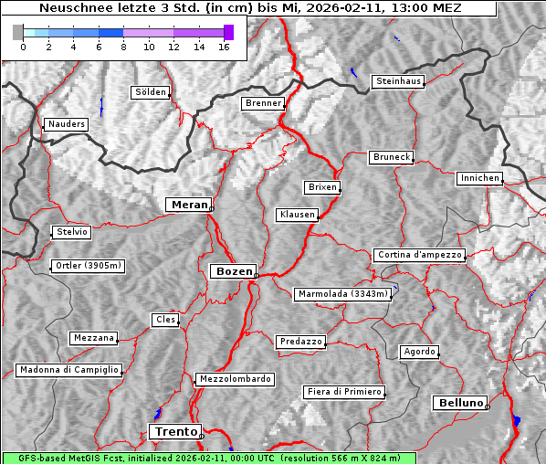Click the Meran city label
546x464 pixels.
pos(188,205)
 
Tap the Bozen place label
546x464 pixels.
pos(233,271)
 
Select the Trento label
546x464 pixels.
pos(173,431)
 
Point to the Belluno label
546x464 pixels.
pos(460,403)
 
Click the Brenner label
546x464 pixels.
pos(264,103)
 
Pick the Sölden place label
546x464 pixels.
pos(151,92)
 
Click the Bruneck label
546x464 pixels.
pos(392,157)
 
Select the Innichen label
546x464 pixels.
pos(479,178)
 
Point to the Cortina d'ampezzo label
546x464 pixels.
pos(419,255)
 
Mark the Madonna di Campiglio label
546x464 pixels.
pos(68,370)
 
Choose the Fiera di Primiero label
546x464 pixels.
pos(343,392)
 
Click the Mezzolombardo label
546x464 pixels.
pos(234,379)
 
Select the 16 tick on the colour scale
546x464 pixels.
pos(224,47)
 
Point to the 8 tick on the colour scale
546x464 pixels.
pos(123,47)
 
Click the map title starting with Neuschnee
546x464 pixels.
pos(248,8)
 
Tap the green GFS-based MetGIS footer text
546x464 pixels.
pos(208,458)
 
